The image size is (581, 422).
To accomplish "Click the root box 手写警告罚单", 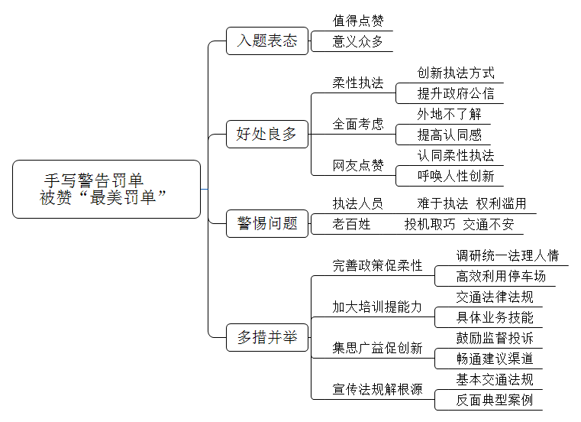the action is (x=106, y=190).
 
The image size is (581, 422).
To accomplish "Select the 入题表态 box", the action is (x=267, y=41).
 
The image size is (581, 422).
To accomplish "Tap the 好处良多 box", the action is (x=267, y=134).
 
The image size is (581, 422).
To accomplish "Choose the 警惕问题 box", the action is (x=267, y=223).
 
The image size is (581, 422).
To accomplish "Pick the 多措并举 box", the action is (x=267, y=337).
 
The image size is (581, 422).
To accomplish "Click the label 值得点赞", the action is (x=358, y=21).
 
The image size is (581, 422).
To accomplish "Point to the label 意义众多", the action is (x=357, y=41).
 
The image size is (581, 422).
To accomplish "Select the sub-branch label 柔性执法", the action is (x=358, y=83).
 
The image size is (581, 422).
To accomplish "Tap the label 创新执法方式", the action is (x=456, y=73).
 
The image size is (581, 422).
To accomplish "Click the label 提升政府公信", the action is (x=456, y=93).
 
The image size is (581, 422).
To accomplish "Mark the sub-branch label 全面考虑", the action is (x=358, y=124).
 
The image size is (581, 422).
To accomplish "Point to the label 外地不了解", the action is (x=449, y=114).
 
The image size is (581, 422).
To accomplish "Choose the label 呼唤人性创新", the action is (x=456, y=176).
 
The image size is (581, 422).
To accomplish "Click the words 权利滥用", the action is (x=501, y=203).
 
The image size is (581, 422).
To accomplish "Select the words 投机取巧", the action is (x=430, y=224).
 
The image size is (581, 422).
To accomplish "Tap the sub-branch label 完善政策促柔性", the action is (x=377, y=265).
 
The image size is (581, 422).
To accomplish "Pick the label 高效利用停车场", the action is (x=501, y=276).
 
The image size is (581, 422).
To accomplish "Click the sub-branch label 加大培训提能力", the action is (x=377, y=307).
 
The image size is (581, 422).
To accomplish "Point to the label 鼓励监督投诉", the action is (x=495, y=338).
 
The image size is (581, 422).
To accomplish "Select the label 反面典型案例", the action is (x=495, y=400).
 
